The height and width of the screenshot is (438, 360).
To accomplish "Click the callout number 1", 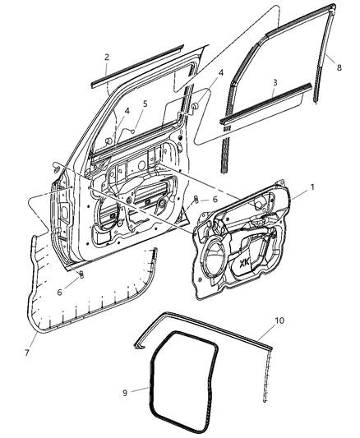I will pyautogui.click(x=312, y=188).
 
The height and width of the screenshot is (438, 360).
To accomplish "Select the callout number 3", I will pyautogui.click(x=275, y=83).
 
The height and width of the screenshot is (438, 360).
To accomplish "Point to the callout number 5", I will pyautogui.click(x=145, y=104).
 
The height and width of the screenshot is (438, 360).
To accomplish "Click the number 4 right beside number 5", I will pyautogui.click(x=127, y=110).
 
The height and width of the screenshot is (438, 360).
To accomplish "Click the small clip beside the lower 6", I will pyautogui.click(x=81, y=274).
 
